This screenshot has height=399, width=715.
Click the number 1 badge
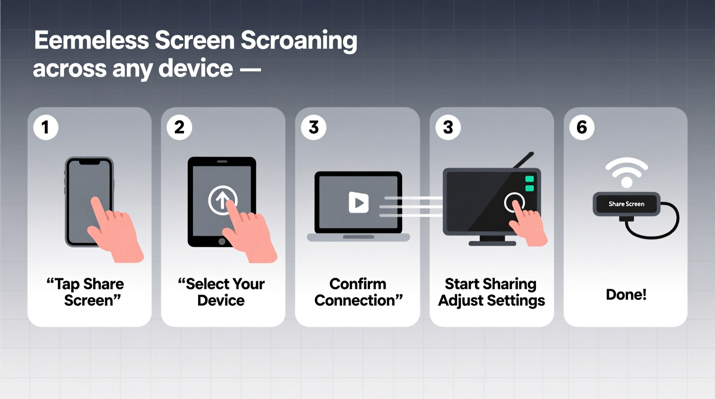point(46,127)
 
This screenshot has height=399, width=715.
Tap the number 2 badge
point(180,127)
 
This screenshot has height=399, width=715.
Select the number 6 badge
point(582,127)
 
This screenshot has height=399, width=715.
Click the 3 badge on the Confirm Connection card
point(314,127)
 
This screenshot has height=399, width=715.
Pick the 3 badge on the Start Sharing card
point(448,127)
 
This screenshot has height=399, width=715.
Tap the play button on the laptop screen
point(358,203)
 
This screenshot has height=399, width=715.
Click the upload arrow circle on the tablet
point(222,200)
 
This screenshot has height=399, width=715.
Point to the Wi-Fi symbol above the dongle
point(626,172)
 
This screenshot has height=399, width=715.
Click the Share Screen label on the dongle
point(626,204)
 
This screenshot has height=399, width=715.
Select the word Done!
point(626,295)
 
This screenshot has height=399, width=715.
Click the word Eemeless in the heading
point(91,40)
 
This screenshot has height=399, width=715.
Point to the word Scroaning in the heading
point(299,40)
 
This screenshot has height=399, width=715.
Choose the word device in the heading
point(196,69)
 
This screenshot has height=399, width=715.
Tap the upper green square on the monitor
point(529,179)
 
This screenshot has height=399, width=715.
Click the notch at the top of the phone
point(89,163)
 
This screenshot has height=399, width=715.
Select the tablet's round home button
point(222,242)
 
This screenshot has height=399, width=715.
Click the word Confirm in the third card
point(357,284)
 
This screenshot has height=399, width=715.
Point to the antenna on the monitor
point(523,160)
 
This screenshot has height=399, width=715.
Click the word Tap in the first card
point(67,284)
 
